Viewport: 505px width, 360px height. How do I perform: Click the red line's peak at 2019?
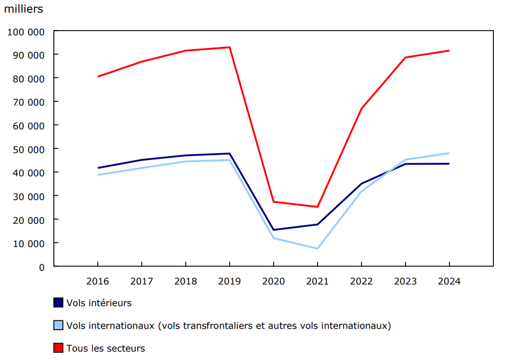(229, 48)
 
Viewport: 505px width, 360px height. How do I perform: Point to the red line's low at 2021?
(317, 207)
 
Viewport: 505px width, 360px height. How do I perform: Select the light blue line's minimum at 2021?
(317, 249)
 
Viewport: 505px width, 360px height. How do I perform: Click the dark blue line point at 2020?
(273, 230)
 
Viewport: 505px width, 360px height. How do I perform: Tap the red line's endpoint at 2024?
(449, 51)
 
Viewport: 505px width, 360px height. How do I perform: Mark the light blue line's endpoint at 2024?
(449, 153)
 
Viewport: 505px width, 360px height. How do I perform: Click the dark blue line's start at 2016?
(98, 168)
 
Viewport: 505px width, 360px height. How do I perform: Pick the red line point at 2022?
(361, 109)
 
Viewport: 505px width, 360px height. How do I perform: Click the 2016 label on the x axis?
(98, 281)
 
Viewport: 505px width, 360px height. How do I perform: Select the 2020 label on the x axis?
(273, 281)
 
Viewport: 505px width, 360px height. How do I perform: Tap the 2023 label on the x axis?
(405, 281)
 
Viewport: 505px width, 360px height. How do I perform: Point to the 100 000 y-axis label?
(26, 32)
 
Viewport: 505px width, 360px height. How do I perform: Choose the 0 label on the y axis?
(42, 267)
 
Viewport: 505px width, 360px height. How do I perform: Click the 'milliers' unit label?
(24, 9)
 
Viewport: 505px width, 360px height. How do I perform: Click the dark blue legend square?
(59, 302)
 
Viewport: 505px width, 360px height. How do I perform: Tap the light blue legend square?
(59, 325)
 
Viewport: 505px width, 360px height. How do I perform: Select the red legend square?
(59, 348)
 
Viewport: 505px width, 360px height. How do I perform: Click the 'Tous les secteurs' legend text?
(105, 348)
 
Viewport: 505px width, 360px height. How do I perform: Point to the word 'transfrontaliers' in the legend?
(218, 326)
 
